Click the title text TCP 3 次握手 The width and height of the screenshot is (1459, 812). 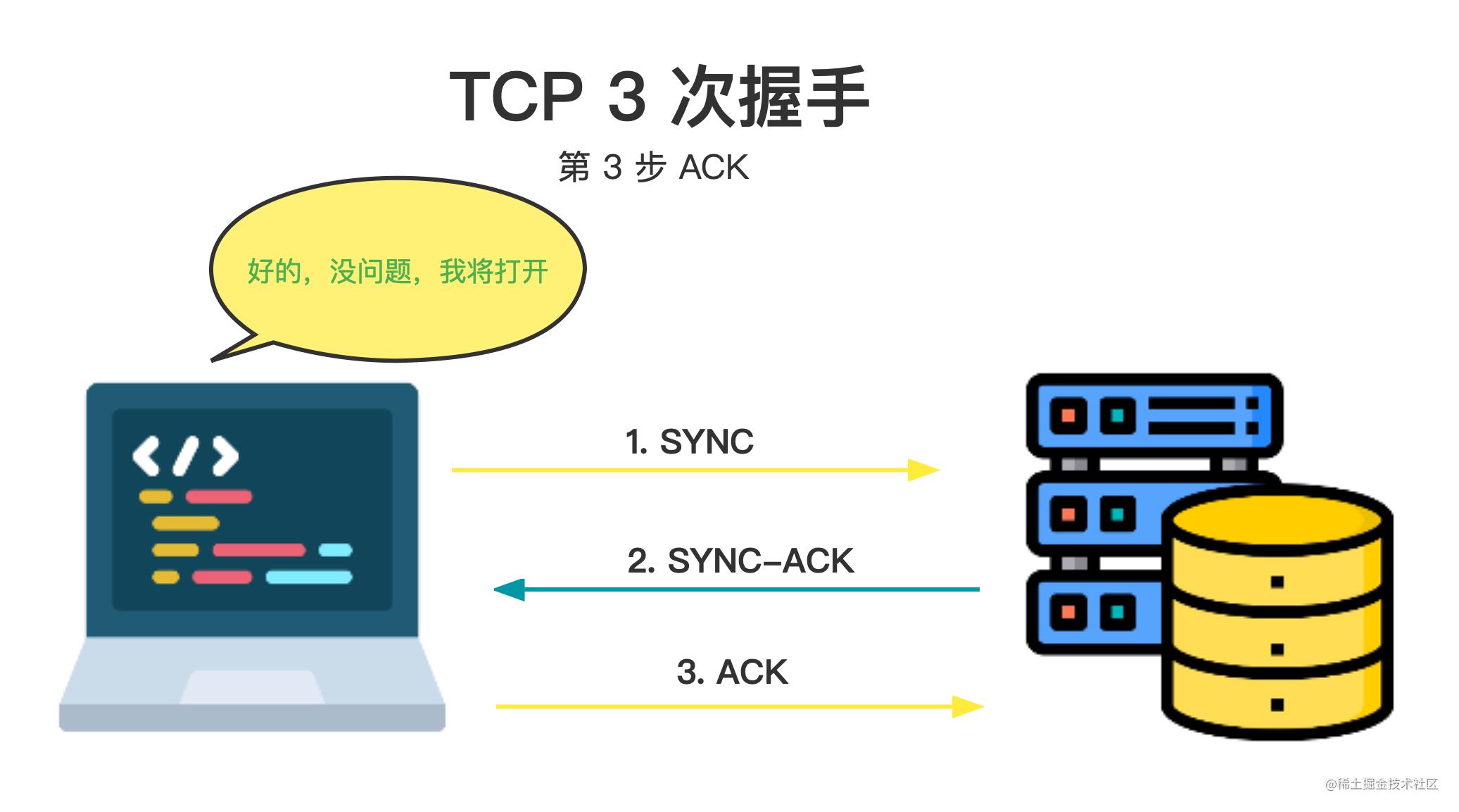tap(659, 96)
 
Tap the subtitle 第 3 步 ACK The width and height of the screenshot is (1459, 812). tap(653, 168)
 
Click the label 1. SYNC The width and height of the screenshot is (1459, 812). tap(689, 442)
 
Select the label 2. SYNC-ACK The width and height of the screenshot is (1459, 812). tap(740, 561)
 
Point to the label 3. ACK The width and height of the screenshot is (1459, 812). tap(732, 673)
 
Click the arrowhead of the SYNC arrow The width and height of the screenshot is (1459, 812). tap(923, 470)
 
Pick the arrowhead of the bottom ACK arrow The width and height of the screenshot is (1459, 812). tap(968, 706)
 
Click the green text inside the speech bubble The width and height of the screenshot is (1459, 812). tap(398, 271)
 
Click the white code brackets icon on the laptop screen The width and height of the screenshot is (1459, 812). tap(186, 456)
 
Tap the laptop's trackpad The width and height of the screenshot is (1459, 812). tap(252, 687)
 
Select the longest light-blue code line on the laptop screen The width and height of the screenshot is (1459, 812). tap(309, 577)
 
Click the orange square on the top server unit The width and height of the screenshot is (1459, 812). tap(1068, 415)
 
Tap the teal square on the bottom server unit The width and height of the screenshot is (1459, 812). tap(1117, 611)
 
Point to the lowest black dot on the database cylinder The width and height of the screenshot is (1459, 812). tap(1277, 704)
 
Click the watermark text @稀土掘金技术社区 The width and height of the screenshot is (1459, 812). tap(1381, 784)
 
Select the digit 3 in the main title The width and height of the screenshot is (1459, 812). tap(626, 96)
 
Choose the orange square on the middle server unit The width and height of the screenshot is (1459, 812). tap(1068, 513)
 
